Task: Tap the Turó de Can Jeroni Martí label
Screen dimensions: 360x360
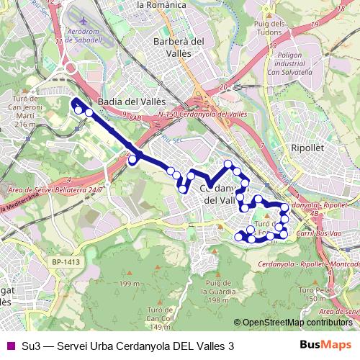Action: (x=19, y=112)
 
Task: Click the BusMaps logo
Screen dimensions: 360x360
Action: (x=325, y=346)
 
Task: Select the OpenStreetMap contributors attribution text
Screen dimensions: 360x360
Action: (x=294, y=323)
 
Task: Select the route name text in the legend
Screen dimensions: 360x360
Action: (x=128, y=346)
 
